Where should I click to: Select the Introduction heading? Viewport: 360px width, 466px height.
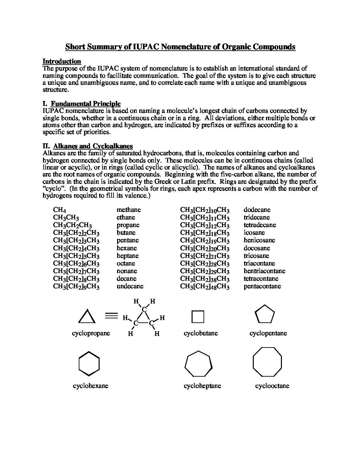(62, 62)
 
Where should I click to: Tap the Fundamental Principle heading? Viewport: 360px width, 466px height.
(85, 104)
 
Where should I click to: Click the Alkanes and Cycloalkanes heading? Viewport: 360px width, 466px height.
(93, 146)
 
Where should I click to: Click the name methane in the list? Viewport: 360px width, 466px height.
(128, 210)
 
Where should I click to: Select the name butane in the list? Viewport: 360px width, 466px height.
(126, 233)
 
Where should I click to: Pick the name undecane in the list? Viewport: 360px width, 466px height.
(130, 286)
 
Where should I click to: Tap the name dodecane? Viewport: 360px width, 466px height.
(257, 210)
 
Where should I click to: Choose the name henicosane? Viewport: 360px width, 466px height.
(259, 240)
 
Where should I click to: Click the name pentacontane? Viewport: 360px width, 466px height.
(262, 286)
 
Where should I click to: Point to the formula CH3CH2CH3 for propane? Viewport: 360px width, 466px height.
(72, 225)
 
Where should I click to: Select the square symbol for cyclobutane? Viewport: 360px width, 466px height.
(198, 317)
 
